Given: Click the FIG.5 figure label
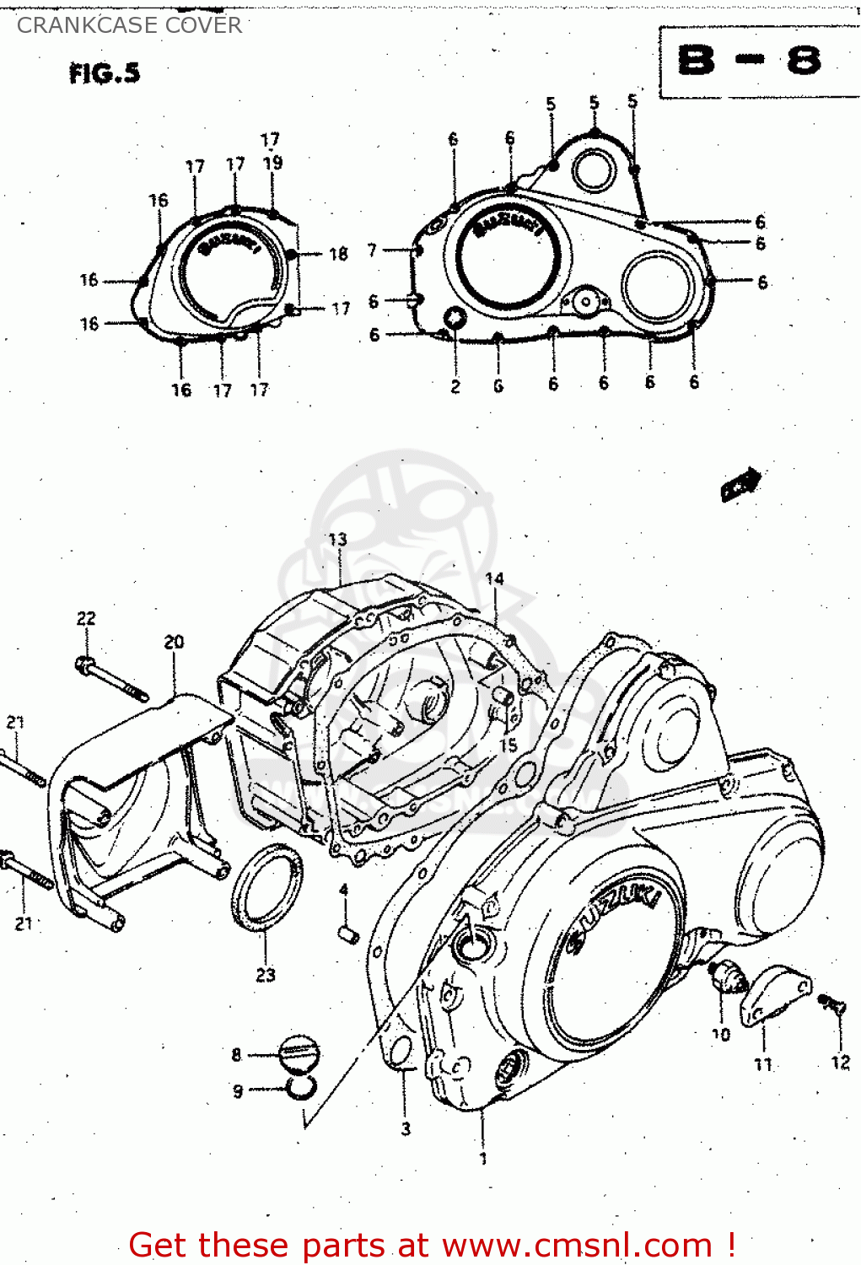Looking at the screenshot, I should pyautogui.click(x=105, y=73).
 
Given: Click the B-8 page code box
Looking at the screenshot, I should pyautogui.click(x=749, y=61).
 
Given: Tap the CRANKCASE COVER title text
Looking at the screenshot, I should pyautogui.click(x=129, y=25).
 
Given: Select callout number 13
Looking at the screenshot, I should pyautogui.click(x=337, y=539).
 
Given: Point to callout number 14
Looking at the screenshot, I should pyautogui.click(x=494, y=579).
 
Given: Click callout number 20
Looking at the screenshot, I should pyautogui.click(x=174, y=642).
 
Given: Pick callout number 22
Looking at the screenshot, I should pyautogui.click(x=86, y=618).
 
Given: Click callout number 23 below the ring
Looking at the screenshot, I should pyautogui.click(x=266, y=975).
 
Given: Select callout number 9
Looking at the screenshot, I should pyautogui.click(x=238, y=1091).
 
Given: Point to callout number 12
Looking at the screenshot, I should pyautogui.click(x=840, y=1063).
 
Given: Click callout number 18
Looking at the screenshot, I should pyautogui.click(x=338, y=254).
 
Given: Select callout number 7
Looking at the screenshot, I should pyautogui.click(x=372, y=250).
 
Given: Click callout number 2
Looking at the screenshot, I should pyautogui.click(x=455, y=387).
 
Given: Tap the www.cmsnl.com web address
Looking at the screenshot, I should pyautogui.click(x=578, y=1245).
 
